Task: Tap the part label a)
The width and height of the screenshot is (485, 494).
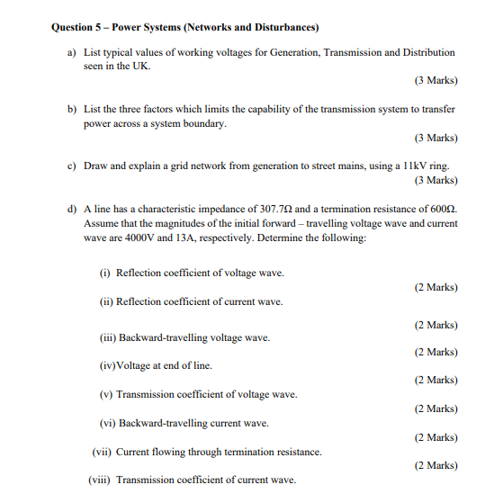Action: click(x=73, y=53)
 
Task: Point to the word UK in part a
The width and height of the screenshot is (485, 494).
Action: click(x=141, y=67)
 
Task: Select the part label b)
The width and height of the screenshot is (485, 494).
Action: click(x=73, y=109)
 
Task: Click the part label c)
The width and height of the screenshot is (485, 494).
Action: click(x=73, y=166)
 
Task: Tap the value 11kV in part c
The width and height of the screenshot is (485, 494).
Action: click(x=400, y=166)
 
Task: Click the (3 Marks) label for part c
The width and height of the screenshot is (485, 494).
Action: click(x=436, y=180)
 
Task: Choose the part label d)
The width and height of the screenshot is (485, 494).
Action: click(x=73, y=208)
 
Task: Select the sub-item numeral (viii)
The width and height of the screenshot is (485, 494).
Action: click(x=101, y=480)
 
